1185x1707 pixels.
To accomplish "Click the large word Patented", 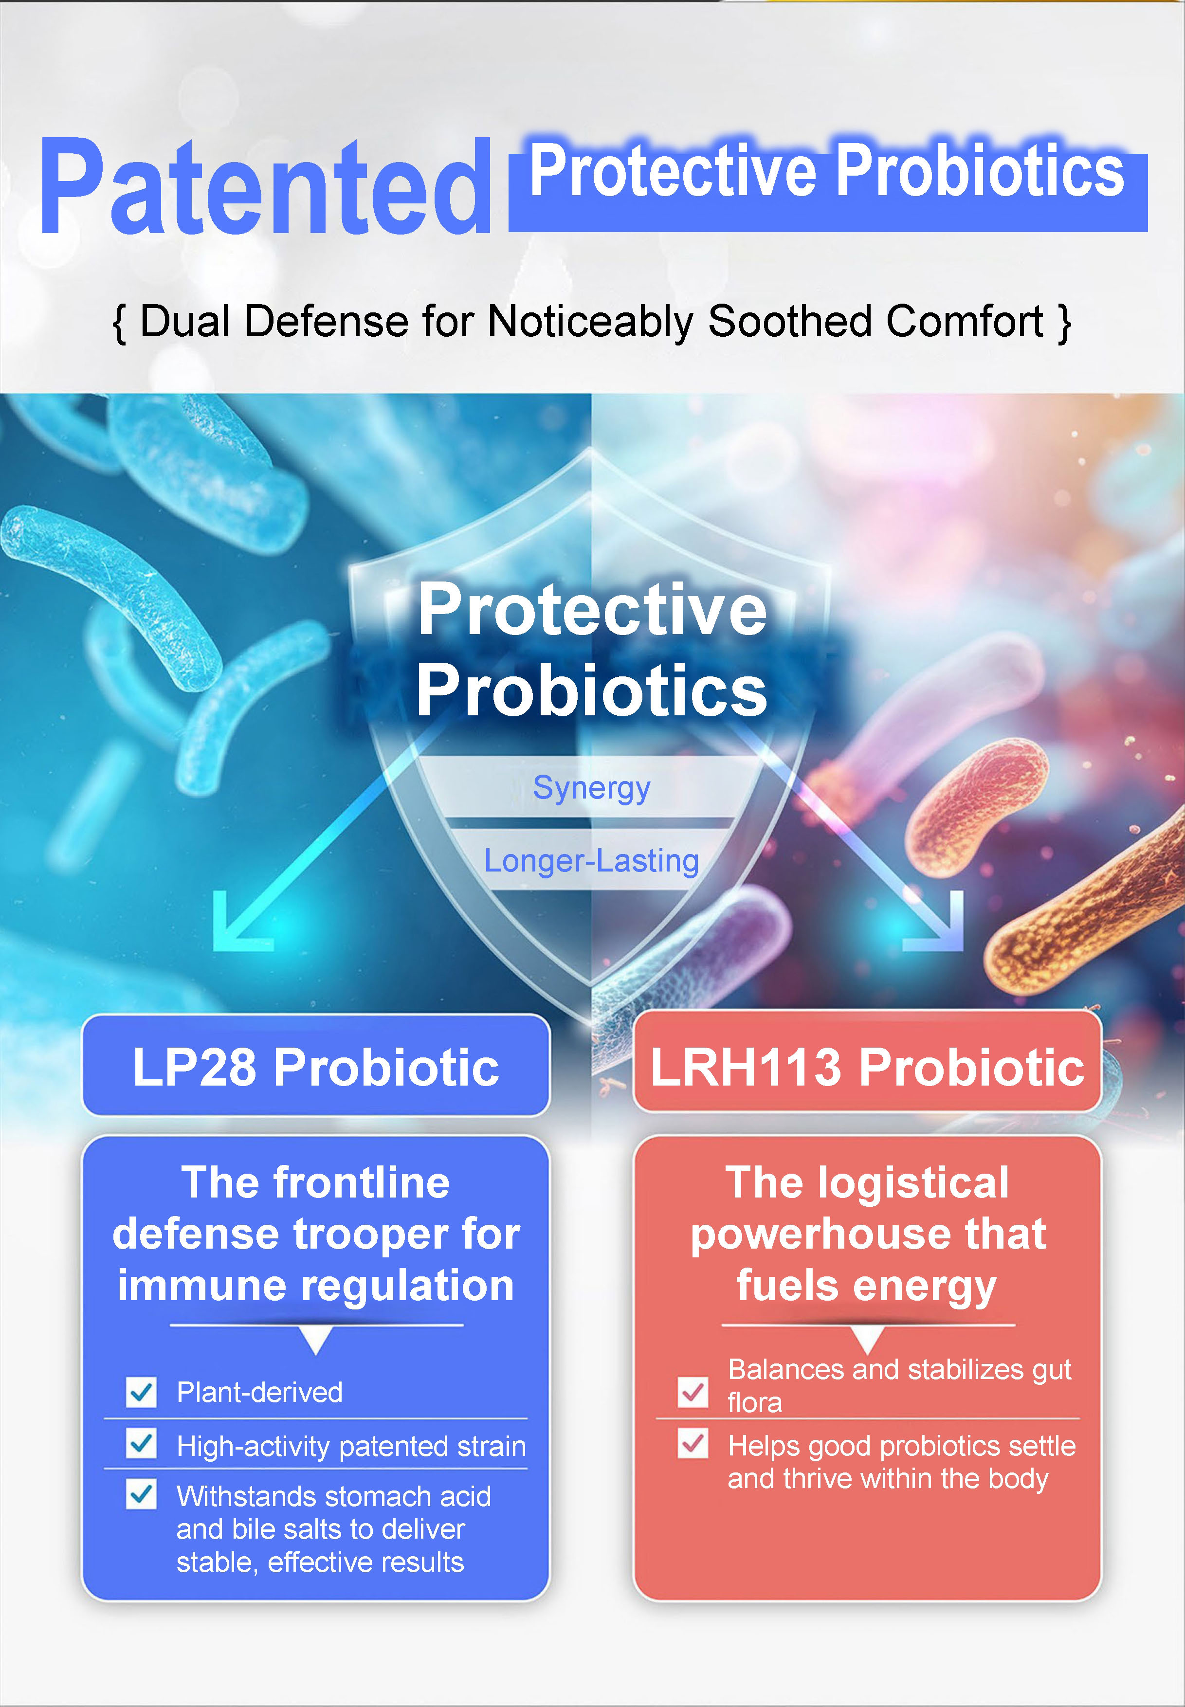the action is coord(266,186).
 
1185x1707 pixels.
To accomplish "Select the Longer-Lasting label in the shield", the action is coord(592,861).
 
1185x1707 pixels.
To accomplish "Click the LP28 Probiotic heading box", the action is coord(315,1065).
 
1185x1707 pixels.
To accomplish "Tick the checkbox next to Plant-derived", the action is coord(141,1392).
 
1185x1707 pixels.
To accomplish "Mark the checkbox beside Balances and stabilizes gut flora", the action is coord(693,1392).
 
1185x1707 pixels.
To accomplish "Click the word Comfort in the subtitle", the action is coord(965,321).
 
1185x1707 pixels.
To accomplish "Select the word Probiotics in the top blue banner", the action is coord(980,171).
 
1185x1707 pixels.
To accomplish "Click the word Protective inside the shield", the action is coord(592,610).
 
